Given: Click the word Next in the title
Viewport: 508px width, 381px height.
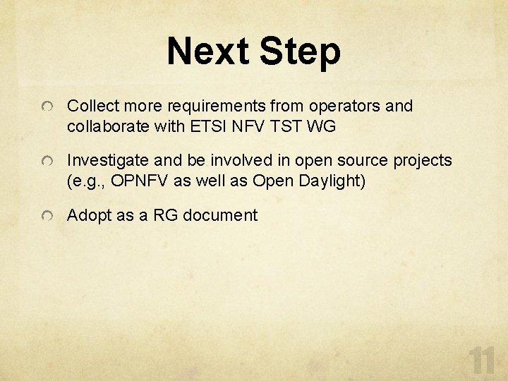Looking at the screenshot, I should pos(208,52).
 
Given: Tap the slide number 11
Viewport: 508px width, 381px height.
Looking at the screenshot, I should pos(483,360).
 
